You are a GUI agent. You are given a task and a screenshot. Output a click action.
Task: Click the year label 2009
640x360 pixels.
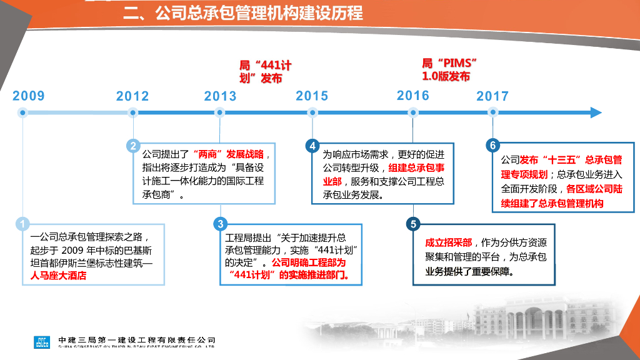[x=29, y=96]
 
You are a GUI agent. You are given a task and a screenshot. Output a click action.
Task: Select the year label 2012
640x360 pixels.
[x=132, y=96]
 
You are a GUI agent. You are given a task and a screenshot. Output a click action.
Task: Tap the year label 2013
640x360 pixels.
[x=220, y=96]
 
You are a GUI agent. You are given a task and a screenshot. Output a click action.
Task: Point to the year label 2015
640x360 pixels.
[x=312, y=96]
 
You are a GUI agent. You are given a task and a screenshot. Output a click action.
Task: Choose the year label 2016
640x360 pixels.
[x=413, y=96]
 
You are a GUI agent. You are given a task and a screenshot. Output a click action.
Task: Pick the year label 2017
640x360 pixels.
[x=492, y=96]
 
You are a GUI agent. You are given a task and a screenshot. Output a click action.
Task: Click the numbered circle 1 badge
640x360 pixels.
[x=22, y=224]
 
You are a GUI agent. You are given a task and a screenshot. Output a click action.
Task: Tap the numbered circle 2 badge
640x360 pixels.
[x=133, y=146]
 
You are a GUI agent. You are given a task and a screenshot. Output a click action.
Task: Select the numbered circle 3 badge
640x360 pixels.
[x=220, y=224]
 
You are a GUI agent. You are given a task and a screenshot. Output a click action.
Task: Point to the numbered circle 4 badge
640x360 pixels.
[x=312, y=146]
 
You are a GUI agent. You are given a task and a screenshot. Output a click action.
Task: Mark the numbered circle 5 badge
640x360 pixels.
[x=413, y=224]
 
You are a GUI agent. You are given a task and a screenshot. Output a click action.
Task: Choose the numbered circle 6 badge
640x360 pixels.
[x=492, y=146]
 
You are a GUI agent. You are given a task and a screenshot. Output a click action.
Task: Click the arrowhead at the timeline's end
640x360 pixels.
[x=596, y=112]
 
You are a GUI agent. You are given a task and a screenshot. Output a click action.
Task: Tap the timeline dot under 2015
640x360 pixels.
[x=312, y=112]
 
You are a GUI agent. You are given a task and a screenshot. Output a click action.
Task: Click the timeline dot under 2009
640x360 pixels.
[x=23, y=112]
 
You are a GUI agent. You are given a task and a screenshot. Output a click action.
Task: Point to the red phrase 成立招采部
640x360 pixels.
[x=449, y=243]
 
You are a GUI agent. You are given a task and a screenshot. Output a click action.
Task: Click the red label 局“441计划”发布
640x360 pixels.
[x=265, y=72]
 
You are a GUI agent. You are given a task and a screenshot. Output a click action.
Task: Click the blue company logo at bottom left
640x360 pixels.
[x=42, y=342]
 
